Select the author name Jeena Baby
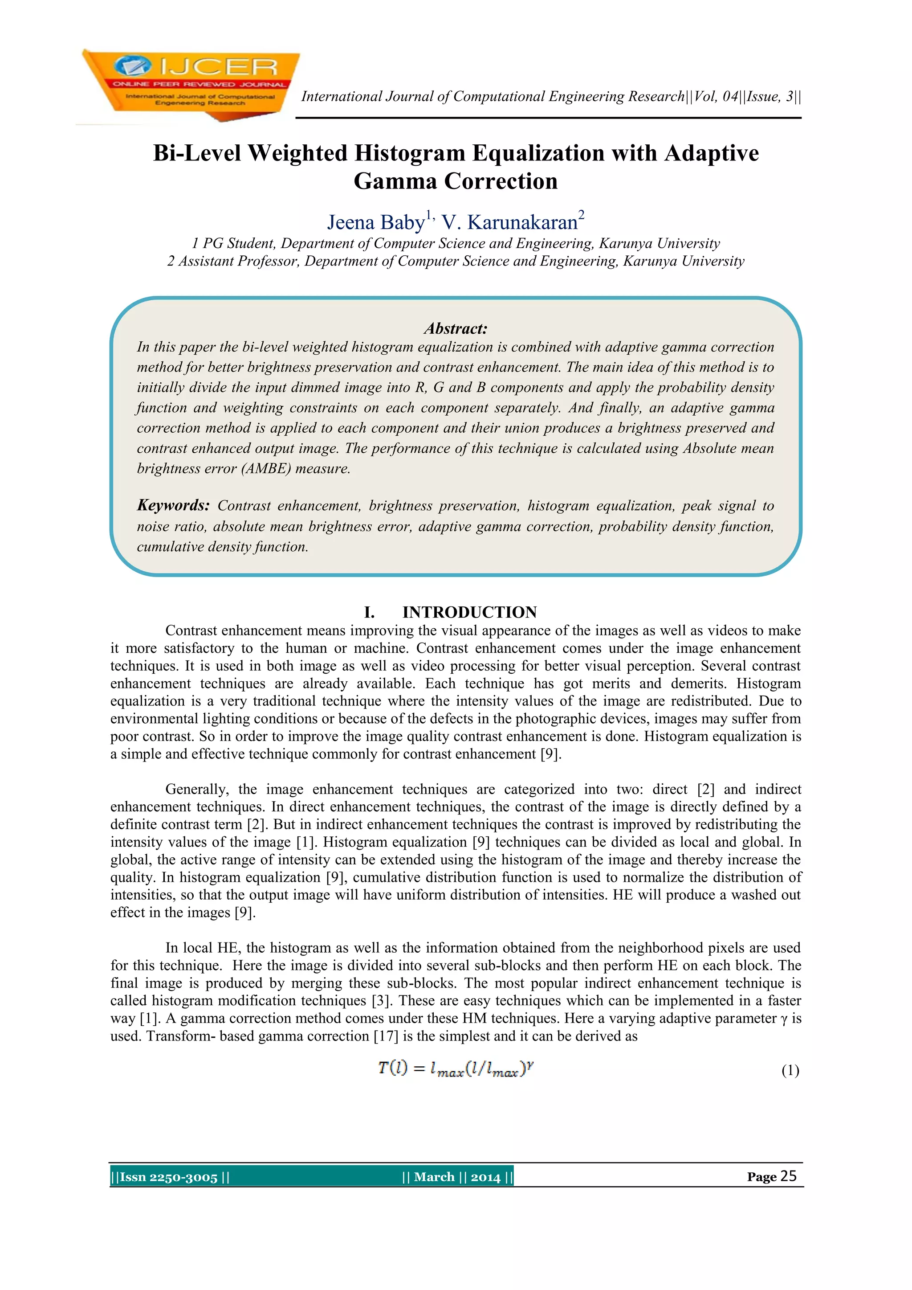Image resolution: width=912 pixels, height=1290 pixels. (x=376, y=222)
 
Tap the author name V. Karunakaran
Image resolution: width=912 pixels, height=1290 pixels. (x=509, y=222)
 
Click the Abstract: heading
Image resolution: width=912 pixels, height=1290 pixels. (x=456, y=329)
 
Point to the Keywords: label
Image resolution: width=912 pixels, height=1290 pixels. (x=173, y=505)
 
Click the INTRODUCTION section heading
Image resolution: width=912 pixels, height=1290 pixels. (x=469, y=612)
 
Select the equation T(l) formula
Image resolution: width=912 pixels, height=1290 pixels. (x=456, y=1068)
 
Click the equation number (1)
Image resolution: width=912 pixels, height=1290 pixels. (x=790, y=1070)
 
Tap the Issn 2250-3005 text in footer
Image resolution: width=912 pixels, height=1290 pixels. (x=168, y=1176)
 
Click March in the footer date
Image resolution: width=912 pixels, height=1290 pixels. (x=434, y=1176)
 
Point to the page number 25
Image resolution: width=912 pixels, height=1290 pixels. (x=789, y=1176)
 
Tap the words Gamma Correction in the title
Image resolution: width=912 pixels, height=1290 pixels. (x=456, y=181)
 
